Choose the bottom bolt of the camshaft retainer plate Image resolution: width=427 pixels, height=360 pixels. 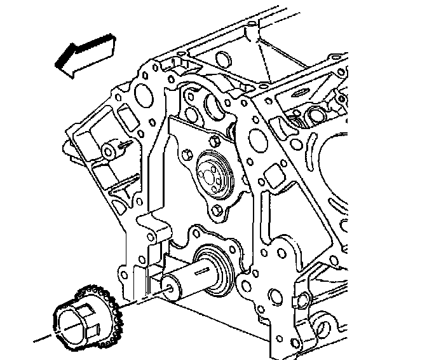click(x=217, y=210)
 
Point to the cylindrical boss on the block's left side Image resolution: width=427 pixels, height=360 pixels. click(x=109, y=151)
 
